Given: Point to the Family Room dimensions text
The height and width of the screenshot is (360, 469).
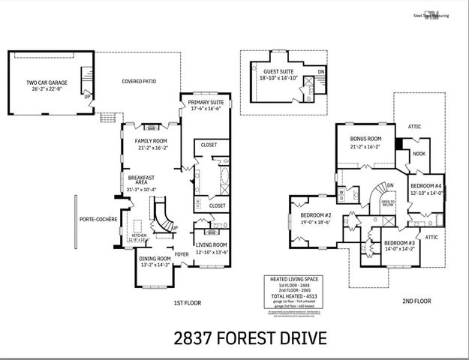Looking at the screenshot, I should [x=151, y=148].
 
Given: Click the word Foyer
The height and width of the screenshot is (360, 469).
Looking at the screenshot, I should [x=182, y=253].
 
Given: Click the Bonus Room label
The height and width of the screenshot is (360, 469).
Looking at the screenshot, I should [x=365, y=139].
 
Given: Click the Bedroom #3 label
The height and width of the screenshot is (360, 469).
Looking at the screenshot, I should [x=399, y=244].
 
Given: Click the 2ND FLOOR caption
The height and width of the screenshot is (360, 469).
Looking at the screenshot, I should [x=416, y=301].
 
